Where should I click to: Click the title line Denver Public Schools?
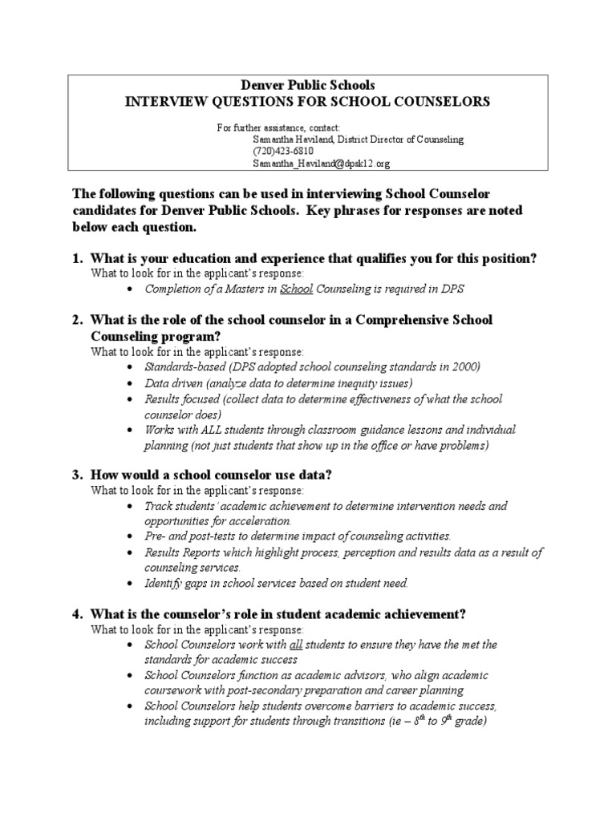pos(308,85)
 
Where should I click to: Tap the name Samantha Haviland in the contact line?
pos(294,139)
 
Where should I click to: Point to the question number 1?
pos(77,258)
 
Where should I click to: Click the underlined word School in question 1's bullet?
pos(298,289)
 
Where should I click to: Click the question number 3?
pos(77,475)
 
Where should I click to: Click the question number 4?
pos(77,614)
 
